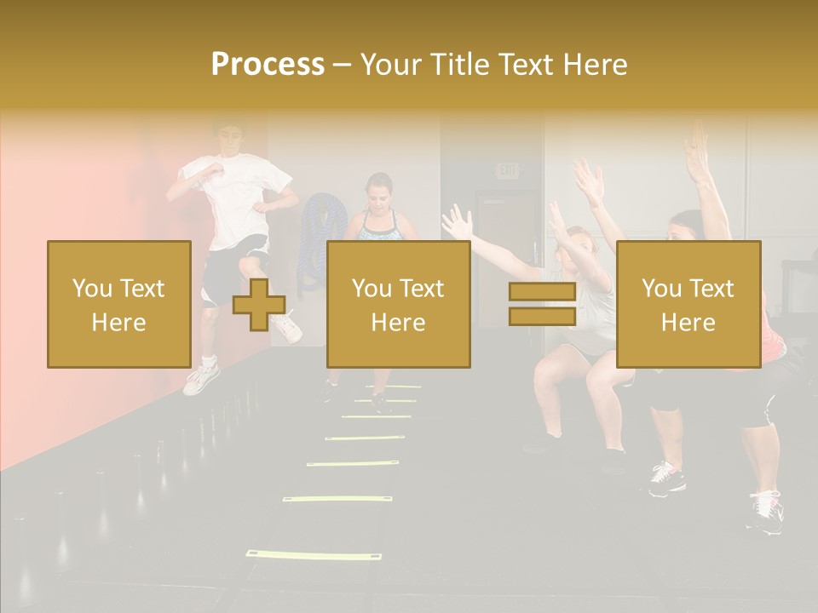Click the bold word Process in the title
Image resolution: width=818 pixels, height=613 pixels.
[268, 65]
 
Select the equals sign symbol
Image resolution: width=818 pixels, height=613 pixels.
[542, 304]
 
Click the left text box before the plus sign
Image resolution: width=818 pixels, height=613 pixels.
[118, 304]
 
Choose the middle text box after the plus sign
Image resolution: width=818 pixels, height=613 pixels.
[398, 304]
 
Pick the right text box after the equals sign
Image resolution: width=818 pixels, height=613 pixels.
[688, 304]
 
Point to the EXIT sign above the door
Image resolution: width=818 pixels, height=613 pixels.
[508, 171]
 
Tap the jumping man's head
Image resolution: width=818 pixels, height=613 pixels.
[228, 139]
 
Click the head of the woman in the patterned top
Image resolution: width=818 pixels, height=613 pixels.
[378, 191]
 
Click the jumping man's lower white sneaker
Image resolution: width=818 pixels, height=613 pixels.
[201, 380]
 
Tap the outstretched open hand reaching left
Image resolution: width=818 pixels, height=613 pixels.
[457, 223]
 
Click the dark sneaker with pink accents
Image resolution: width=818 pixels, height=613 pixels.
[666, 479]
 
